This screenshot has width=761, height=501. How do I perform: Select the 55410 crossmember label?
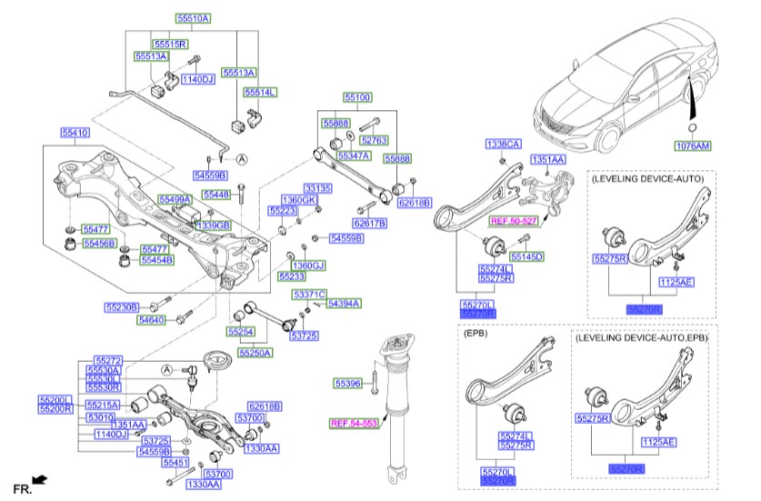tap(75, 133)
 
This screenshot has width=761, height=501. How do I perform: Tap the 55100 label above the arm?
tap(356, 96)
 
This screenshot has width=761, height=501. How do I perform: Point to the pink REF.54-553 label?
tap(352, 424)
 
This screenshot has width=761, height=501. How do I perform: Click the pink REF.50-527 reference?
tap(515, 221)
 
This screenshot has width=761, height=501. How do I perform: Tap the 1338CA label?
tap(503, 145)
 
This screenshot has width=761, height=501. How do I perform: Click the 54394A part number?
tap(344, 304)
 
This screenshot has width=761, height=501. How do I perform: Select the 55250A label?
tap(255, 353)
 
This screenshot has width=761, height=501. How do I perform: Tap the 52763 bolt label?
tap(374, 141)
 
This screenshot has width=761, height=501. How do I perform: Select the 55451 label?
tap(175, 463)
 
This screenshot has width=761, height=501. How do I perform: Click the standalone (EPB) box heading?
tap(477, 335)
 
